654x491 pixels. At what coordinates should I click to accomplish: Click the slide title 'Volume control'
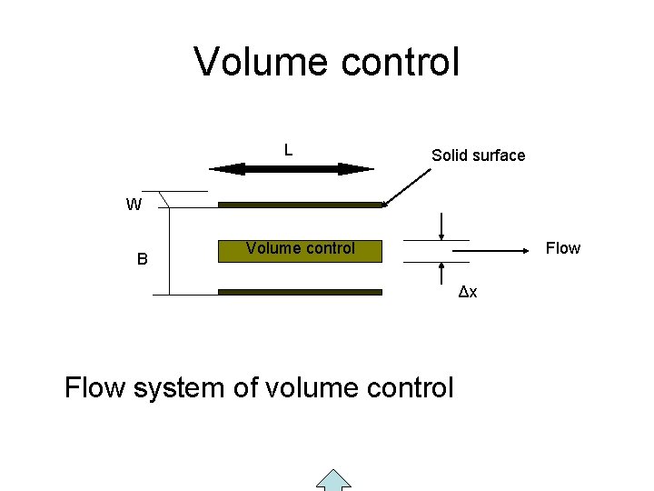(x=327, y=63)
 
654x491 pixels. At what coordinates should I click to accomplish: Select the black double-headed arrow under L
(x=291, y=168)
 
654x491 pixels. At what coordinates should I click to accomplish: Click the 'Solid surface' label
(x=478, y=155)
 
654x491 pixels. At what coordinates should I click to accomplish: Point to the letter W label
(x=134, y=205)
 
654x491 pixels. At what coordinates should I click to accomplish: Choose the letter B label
(x=142, y=259)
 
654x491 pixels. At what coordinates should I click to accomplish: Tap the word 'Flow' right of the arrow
(x=562, y=248)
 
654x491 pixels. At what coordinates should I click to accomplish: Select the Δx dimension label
(x=469, y=292)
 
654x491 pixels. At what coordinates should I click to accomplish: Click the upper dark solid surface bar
(x=301, y=205)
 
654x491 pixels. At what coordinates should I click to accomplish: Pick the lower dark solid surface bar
(x=301, y=292)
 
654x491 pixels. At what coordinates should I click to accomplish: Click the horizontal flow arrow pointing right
(x=500, y=248)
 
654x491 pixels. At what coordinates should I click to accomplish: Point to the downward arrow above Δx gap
(x=441, y=226)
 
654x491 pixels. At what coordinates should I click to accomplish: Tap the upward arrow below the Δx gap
(x=441, y=274)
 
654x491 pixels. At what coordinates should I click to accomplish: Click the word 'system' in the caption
(x=180, y=388)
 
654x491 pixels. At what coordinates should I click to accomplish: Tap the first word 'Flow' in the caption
(x=95, y=388)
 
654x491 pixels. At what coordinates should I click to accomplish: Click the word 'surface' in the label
(x=499, y=155)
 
